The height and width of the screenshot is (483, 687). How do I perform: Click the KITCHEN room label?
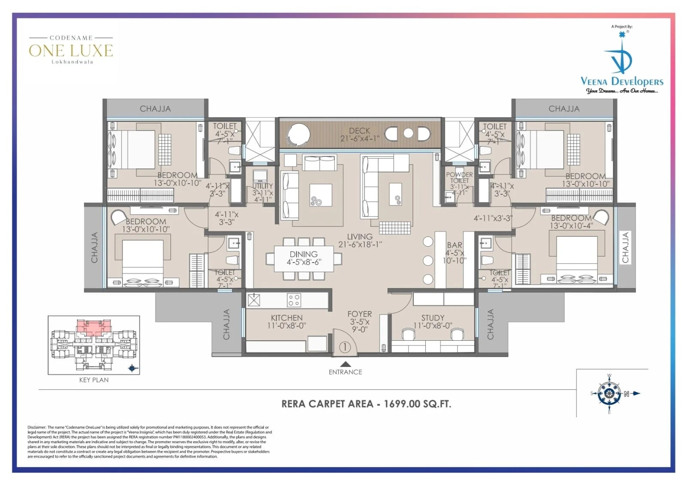287,318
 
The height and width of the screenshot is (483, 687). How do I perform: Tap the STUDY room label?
433,318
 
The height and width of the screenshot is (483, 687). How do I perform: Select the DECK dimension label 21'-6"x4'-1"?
360,139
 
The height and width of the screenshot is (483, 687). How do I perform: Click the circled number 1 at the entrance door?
345,347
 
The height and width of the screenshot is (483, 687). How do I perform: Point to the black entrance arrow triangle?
345,364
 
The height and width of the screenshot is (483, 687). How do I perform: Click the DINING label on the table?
303,254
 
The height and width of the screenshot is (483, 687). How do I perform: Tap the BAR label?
454,245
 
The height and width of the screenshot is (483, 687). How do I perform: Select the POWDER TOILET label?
459,177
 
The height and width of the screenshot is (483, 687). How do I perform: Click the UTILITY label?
263,186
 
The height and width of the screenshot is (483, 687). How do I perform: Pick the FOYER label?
360,314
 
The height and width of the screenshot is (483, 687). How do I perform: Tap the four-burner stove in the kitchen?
294,300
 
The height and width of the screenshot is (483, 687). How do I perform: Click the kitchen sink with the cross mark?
254,300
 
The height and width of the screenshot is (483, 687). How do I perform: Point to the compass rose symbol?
609,394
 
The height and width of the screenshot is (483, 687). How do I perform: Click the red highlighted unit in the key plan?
93,327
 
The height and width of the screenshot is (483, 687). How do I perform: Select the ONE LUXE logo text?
71,51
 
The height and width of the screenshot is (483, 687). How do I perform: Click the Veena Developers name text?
622,81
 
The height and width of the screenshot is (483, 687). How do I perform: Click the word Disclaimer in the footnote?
36,428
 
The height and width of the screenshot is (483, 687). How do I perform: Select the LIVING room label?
360,237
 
